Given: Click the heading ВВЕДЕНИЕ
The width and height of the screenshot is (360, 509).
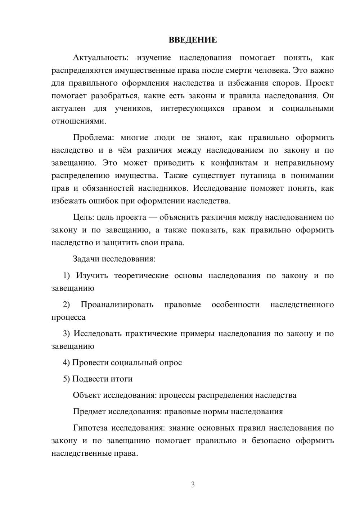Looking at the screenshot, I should coord(193,40).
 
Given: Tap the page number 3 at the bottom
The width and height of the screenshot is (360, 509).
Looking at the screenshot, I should coord(193,485).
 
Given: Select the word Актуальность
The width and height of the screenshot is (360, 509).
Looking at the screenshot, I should coord(100,58).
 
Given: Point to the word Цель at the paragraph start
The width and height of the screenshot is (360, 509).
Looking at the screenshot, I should coord(83,217).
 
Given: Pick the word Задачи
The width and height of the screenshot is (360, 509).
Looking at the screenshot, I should coord(86,259).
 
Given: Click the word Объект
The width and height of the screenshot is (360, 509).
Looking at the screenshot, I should coord(87,395).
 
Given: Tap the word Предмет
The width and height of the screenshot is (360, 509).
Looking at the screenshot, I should coord(89,411).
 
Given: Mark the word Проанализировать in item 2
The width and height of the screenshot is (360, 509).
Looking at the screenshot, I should coord(117,305).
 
